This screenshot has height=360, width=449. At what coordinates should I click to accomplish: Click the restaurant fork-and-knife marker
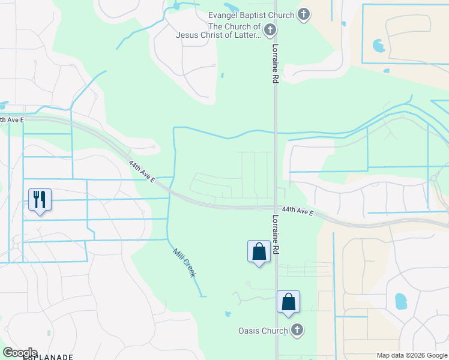[40, 199]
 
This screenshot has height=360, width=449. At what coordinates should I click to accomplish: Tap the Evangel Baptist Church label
[251, 15]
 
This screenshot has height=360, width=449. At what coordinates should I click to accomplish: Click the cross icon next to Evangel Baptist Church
[304, 14]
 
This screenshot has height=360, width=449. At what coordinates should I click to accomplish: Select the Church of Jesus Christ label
[218, 31]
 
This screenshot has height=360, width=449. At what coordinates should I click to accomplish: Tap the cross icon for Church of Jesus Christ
[270, 29]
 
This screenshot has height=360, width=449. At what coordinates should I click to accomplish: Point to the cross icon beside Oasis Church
[297, 329]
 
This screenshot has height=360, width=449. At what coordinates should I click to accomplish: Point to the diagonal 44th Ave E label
[142, 171]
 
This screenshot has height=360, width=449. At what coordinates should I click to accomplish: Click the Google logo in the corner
[20, 352]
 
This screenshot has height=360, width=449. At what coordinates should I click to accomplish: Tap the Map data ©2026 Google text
[411, 355]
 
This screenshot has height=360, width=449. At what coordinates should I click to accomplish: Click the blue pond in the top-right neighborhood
[379, 46]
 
